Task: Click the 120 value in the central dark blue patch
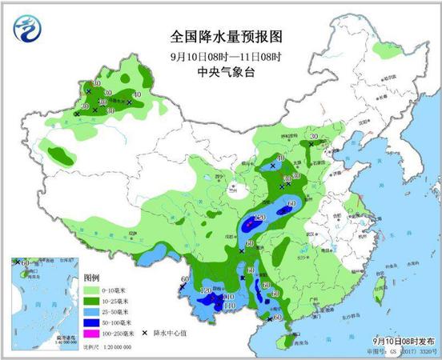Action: (x=259, y=218)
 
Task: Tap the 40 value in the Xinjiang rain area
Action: (x=137, y=95)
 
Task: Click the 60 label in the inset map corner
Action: (x=25, y=262)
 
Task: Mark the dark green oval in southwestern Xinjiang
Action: (x=58, y=152)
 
